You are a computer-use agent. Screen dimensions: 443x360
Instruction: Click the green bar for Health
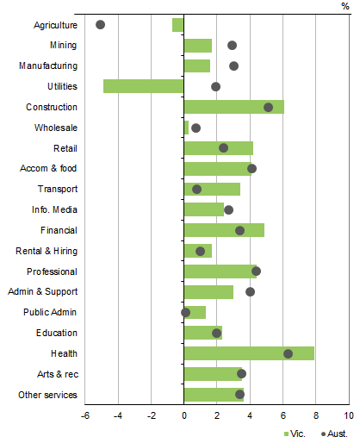point(249,353)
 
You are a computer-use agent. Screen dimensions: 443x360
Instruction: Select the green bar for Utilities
point(144,86)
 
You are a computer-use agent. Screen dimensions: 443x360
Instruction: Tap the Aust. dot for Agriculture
point(100,25)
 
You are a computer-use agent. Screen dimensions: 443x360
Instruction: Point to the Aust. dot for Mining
point(232,45)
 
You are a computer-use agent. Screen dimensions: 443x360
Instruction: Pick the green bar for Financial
point(224,230)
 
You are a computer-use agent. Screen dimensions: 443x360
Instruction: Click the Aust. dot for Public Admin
point(185,312)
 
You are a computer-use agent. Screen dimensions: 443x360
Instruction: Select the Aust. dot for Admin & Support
point(250,292)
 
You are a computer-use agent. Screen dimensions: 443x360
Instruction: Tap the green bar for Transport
point(212,189)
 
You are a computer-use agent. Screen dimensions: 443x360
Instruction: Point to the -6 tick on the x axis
point(85,415)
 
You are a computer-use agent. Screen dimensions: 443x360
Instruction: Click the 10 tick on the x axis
point(348,415)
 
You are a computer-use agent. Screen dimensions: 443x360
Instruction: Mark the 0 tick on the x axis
point(184,415)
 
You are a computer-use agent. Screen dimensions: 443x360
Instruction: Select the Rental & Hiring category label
point(47,251)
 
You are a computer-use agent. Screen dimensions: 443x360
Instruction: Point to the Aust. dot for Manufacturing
point(233,66)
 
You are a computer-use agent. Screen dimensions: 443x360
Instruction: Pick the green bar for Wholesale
point(186,128)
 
